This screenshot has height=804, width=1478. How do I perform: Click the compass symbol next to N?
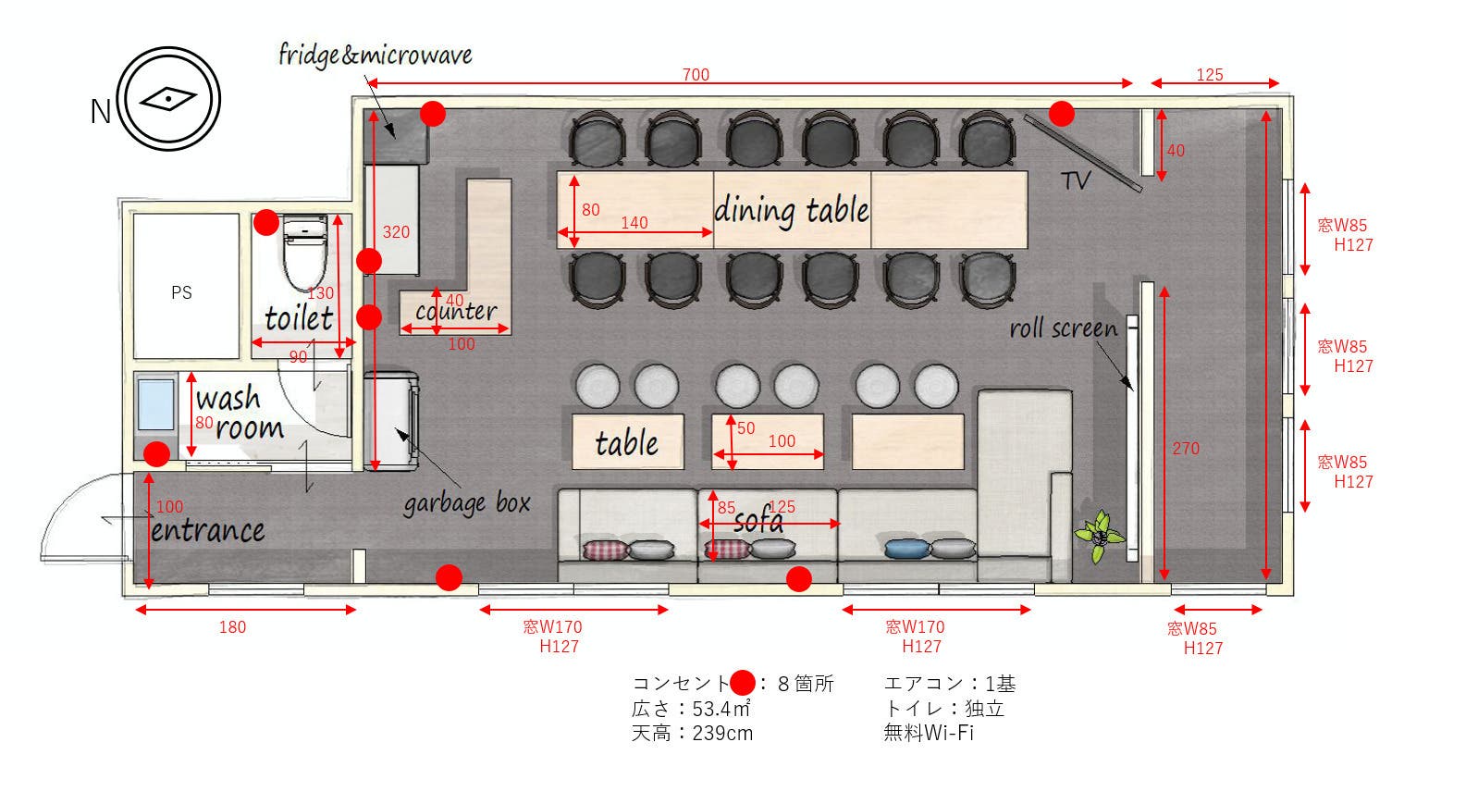click(x=168, y=99)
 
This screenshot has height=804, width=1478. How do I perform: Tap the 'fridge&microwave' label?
click(x=375, y=56)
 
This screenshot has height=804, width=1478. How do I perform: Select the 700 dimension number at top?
click(x=696, y=75)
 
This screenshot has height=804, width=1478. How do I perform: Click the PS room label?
click(x=181, y=292)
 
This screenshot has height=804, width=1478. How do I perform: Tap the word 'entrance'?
click(x=208, y=530)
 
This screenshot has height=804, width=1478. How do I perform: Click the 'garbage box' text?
click(x=466, y=503)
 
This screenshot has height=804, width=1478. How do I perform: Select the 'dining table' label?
click(x=791, y=211)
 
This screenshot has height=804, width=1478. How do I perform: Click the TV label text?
click(x=1076, y=180)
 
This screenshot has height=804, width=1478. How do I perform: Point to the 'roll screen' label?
click(x=1063, y=328)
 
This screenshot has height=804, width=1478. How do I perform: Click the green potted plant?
click(x=1099, y=535)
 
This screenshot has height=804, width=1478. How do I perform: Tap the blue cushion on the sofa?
click(x=907, y=549)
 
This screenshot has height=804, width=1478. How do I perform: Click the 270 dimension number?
click(x=1186, y=449)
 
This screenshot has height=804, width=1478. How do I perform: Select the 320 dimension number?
click(x=396, y=232)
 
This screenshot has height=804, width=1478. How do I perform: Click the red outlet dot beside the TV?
click(x=1062, y=114)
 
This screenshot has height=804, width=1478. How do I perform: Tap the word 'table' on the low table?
click(x=627, y=443)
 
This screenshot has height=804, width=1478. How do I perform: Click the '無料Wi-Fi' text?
click(x=929, y=733)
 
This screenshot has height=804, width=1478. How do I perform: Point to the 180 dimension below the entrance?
click(x=232, y=627)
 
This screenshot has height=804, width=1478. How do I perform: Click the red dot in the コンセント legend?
click(x=743, y=684)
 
